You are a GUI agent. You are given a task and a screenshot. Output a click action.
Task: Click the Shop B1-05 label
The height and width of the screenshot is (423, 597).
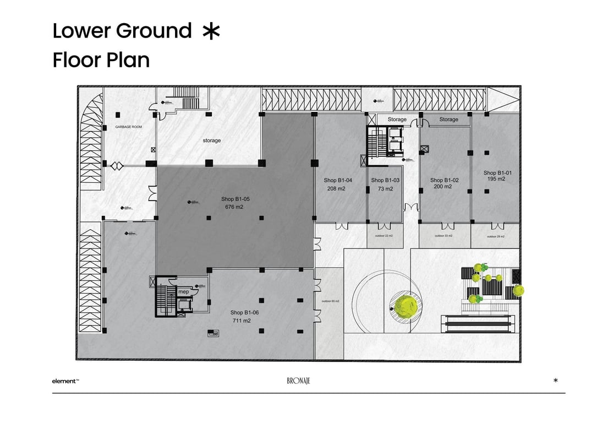pos(235,199)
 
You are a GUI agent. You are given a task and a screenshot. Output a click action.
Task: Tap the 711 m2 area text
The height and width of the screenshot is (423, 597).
pos(242,321)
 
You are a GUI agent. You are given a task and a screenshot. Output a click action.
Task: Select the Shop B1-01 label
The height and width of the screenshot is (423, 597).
pos(497,172)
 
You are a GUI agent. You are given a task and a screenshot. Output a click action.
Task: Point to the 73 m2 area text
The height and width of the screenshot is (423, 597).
pos(385,189)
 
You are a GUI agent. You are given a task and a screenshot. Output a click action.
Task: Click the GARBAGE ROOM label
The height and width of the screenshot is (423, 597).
pos(128,127)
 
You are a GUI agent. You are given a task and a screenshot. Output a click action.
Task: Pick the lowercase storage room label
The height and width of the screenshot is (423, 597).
pos(211,140)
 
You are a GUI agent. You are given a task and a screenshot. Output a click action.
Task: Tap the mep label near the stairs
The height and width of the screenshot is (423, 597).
pos(183,291)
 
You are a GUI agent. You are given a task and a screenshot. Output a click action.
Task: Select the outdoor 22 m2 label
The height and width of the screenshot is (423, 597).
pos(384,236)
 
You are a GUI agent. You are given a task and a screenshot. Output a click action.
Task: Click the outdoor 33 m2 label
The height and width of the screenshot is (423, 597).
pos(443,236)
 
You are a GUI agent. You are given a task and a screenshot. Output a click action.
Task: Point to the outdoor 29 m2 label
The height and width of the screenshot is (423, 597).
pos(495,236)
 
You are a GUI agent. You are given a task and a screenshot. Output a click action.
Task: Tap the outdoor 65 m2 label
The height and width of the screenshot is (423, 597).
pos(330,301)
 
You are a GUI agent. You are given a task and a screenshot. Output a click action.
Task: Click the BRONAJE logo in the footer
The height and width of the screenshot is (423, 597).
pos(299,381)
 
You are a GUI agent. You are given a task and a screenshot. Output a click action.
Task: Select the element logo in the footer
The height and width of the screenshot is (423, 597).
pos(65,381)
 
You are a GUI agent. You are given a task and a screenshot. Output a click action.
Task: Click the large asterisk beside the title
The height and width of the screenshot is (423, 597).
pos(210,31)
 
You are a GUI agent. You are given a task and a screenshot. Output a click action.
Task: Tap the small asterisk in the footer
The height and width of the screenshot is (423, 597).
pos(556,380)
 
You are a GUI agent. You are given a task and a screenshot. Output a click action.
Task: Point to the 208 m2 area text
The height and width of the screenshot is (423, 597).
pos(336,189)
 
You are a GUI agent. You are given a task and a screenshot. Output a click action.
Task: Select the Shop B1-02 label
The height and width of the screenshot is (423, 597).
pos(444,180)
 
